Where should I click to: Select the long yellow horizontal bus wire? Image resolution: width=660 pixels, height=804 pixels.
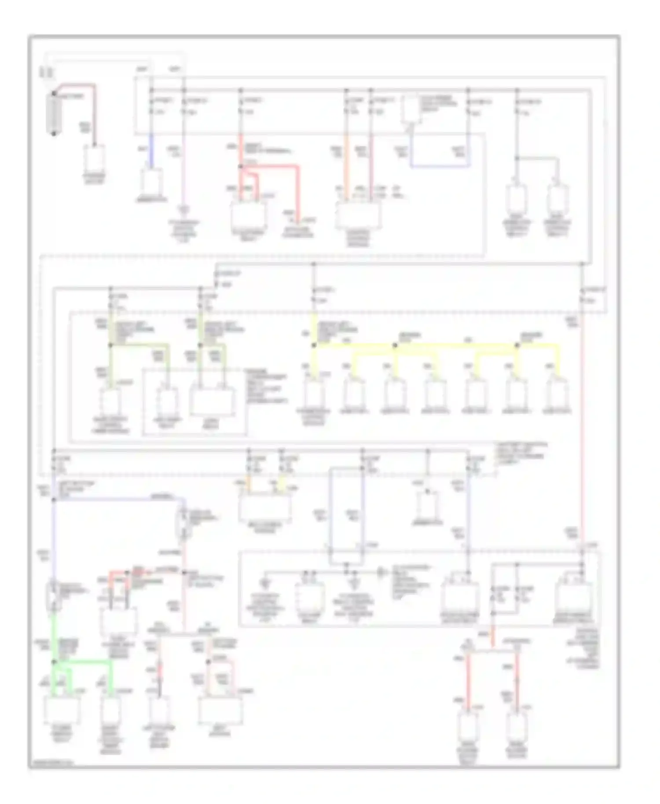436,346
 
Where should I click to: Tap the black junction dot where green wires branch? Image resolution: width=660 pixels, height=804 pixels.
55,661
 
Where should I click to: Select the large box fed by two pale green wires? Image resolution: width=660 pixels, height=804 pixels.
212,401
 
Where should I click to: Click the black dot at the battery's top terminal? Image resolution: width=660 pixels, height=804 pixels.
54,94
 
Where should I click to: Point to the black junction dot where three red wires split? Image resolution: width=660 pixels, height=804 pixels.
241,167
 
